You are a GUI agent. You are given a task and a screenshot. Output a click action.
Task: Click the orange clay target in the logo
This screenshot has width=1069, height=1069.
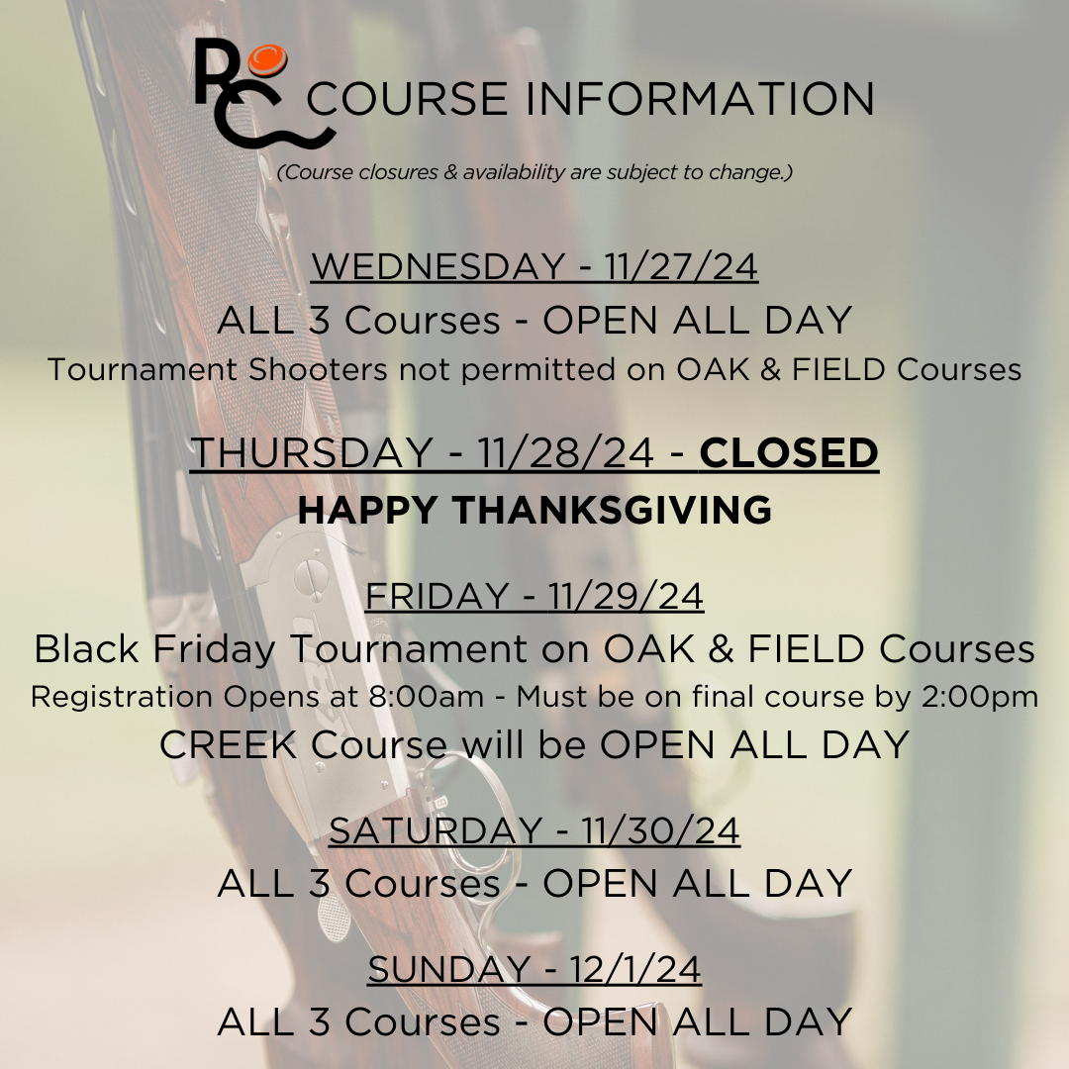pyautogui.click(x=267, y=60)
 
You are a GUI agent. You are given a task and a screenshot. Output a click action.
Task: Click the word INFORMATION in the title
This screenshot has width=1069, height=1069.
pyautogui.click(x=700, y=99)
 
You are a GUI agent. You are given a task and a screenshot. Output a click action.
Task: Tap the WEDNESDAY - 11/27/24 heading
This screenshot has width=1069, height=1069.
pyautogui.click(x=534, y=266)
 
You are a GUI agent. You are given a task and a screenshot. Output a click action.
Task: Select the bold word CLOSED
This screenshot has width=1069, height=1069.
pyautogui.click(x=789, y=452)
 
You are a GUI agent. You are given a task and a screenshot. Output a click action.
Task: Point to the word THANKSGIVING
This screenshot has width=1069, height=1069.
pyautogui.click(x=612, y=510)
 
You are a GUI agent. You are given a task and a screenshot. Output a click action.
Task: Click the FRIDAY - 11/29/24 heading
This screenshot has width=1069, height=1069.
pyautogui.click(x=534, y=596)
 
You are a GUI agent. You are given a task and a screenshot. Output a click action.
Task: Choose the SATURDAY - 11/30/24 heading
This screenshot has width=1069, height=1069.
pyautogui.click(x=534, y=830)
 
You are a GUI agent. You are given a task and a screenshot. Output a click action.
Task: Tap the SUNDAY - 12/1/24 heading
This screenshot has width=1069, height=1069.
pyautogui.click(x=534, y=969)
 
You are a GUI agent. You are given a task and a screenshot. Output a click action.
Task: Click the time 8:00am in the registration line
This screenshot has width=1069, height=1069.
pyautogui.click(x=426, y=697)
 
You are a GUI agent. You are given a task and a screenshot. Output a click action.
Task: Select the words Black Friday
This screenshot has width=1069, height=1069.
pyautogui.click(x=154, y=648)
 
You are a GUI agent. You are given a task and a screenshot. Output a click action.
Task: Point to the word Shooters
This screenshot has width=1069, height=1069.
pyautogui.click(x=318, y=369)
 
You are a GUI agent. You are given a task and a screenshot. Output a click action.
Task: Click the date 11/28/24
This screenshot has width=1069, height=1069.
pyautogui.click(x=566, y=452)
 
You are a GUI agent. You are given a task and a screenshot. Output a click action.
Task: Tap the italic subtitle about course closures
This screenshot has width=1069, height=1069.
pyautogui.click(x=535, y=172)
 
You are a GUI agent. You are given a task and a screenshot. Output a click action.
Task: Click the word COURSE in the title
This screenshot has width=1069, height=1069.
pyautogui.click(x=407, y=99)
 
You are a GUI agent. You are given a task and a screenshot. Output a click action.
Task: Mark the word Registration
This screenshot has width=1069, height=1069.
pyautogui.click(x=122, y=698)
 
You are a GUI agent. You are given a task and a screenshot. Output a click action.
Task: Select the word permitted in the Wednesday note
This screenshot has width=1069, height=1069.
pyautogui.click(x=538, y=369)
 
